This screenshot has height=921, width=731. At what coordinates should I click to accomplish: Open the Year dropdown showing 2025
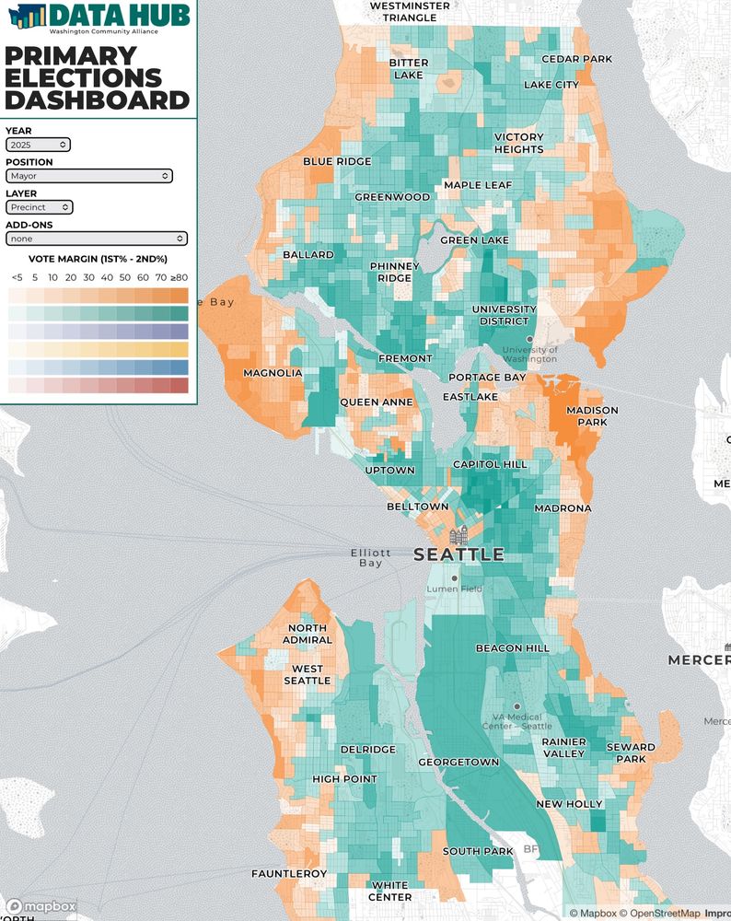coord(38,145)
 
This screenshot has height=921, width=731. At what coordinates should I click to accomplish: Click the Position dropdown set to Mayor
coord(88,175)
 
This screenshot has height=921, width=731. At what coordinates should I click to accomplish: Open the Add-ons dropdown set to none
coord(97,239)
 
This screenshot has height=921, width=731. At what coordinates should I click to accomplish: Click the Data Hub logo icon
coord(24,16)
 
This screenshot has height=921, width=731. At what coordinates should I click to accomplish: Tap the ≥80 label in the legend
coord(179,277)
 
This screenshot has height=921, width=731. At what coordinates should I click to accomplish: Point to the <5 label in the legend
coord(17,277)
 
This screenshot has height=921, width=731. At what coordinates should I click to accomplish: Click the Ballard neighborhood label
coord(308,254)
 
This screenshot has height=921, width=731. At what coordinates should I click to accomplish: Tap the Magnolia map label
coord(273,373)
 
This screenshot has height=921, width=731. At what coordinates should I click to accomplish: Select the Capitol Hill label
coord(490,465)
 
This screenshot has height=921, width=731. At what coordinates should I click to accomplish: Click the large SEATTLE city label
coord(458,554)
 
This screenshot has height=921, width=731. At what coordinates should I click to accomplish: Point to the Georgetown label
coord(458,762)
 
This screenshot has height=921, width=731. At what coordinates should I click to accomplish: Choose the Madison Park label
coord(592,416)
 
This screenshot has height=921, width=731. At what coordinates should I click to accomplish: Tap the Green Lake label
coord(474,240)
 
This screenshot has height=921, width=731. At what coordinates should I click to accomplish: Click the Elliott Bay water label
coord(371,558)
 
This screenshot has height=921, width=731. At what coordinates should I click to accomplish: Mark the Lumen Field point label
coord(453,589)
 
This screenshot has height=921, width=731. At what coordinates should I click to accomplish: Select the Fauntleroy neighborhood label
coord(289,873)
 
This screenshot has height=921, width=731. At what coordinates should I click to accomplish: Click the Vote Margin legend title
coord(98,260)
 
